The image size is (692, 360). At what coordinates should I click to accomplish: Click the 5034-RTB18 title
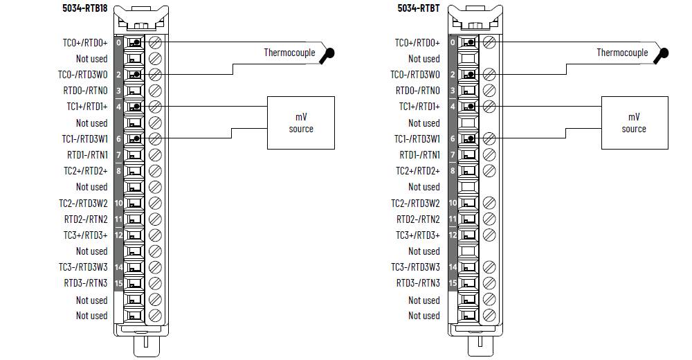(86, 8)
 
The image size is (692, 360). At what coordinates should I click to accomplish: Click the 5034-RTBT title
(418, 8)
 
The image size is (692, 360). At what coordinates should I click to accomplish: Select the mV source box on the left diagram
(301, 123)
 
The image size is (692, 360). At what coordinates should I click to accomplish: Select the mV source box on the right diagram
(634, 123)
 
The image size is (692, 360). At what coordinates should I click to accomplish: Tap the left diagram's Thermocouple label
(289, 53)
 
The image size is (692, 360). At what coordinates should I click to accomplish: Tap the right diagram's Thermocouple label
(623, 53)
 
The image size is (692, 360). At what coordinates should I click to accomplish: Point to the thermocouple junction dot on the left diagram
(331, 53)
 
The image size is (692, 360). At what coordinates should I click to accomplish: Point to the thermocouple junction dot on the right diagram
(664, 53)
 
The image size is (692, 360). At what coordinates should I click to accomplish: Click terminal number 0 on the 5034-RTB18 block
(118, 43)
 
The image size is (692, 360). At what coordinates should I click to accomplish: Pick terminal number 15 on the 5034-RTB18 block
(118, 283)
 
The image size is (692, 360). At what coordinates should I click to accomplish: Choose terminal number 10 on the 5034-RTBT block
(452, 203)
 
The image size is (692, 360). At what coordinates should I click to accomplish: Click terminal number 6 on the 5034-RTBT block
(452, 139)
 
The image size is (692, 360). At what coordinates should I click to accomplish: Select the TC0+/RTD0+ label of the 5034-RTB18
(85, 43)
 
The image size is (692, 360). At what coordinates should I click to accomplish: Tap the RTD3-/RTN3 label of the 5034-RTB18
(87, 283)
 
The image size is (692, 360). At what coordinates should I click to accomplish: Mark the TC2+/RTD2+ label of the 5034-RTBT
(418, 171)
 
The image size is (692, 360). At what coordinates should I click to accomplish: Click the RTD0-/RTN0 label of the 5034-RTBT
(418, 91)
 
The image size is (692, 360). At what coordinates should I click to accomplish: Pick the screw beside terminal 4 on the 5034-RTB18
(155, 107)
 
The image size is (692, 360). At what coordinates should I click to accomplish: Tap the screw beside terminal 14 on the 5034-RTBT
(489, 267)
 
